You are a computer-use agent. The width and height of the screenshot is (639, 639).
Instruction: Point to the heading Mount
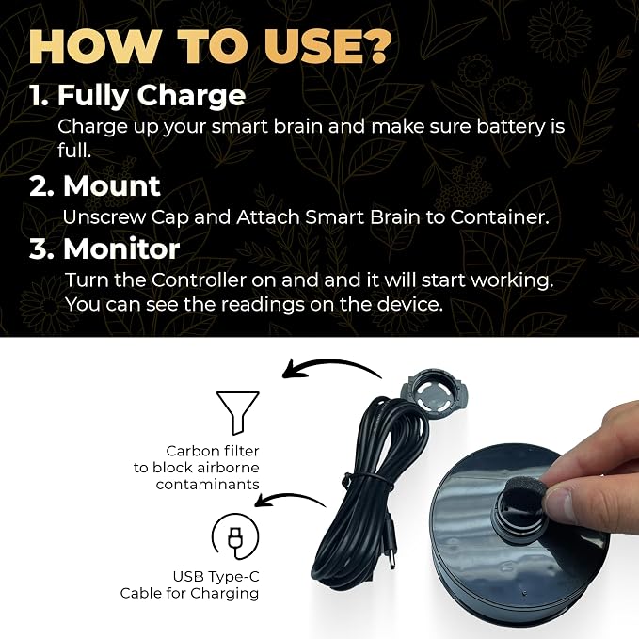pos(112,186)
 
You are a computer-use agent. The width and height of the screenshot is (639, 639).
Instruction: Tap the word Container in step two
pos(500,217)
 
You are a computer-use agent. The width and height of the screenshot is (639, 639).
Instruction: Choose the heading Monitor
pos(121,248)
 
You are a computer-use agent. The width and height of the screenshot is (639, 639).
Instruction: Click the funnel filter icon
pos(237,413)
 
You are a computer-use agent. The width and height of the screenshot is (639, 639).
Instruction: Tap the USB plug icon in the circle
pos(235,542)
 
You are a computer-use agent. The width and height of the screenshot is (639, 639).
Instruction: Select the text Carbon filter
pos(213,451)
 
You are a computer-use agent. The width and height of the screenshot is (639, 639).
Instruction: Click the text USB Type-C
pos(216,577)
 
